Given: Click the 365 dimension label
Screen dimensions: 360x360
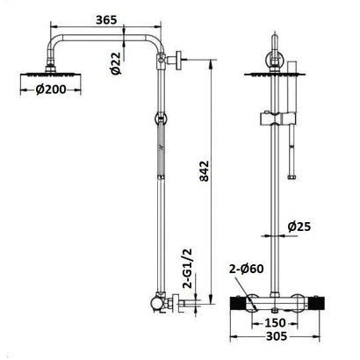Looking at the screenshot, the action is point(106,20).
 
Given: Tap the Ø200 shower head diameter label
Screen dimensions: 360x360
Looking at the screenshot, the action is point(51,90).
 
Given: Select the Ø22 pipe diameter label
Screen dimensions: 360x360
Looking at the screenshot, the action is point(116,63).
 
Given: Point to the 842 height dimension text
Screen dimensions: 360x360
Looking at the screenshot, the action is point(205,171).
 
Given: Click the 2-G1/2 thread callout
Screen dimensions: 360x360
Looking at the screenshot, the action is point(187,269).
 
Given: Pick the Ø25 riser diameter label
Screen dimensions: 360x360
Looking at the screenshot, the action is point(299,227).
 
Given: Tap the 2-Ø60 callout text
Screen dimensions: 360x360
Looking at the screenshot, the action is point(246,269).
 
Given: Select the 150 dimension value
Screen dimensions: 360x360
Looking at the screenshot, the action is point(275,323).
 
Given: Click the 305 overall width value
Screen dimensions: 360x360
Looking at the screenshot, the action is point(277,336).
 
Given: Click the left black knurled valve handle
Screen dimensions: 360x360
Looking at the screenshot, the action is point(238,304).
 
